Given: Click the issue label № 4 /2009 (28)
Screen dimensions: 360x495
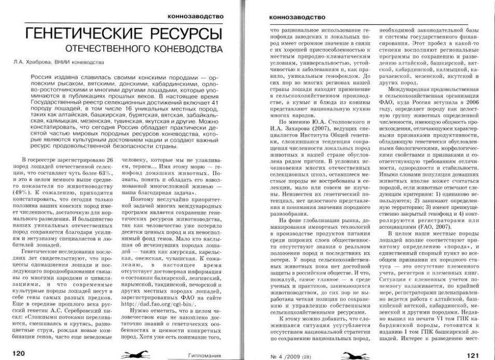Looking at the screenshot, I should click(284, 354).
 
